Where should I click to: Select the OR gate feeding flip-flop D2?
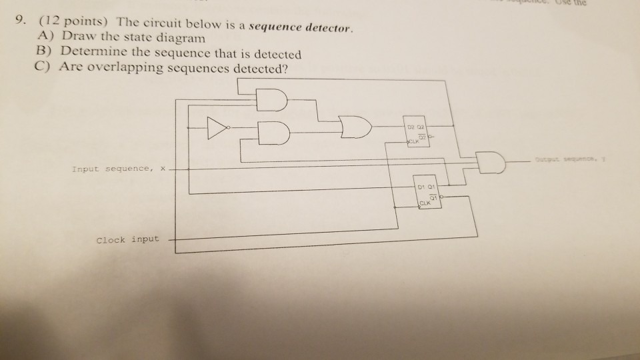353,125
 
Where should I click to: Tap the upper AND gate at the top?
270,101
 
